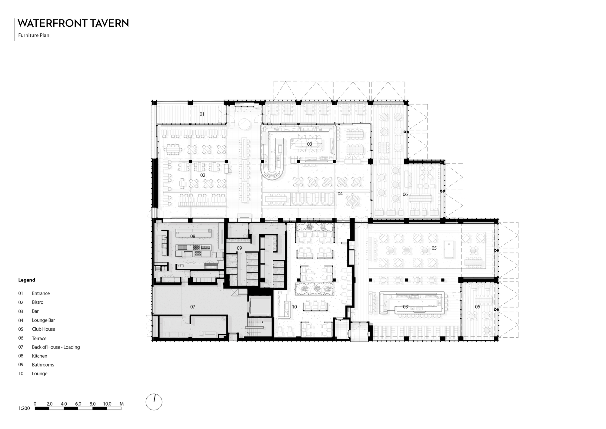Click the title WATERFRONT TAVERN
click(x=73, y=23)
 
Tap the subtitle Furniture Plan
click(x=34, y=35)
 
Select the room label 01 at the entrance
click(x=202, y=114)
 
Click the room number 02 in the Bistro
click(x=203, y=175)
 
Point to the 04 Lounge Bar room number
click(x=340, y=194)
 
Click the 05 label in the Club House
click(x=434, y=248)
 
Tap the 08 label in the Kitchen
click(x=193, y=236)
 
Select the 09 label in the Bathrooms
click(x=239, y=248)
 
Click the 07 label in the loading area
click(x=193, y=307)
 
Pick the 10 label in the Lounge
click(x=294, y=307)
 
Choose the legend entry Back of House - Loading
click(x=56, y=347)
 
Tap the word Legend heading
click(x=27, y=280)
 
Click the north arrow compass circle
click(x=154, y=402)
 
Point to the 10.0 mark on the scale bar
click(x=107, y=404)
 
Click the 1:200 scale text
click(x=24, y=408)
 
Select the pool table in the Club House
click(x=449, y=249)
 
